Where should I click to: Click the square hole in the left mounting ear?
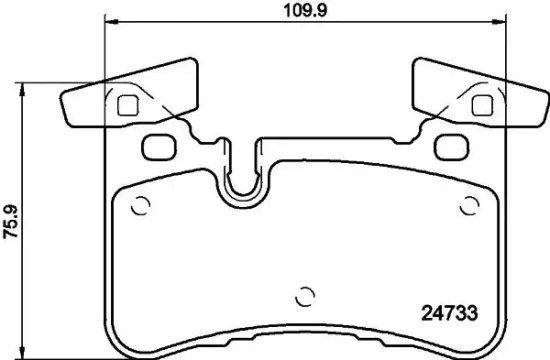127,105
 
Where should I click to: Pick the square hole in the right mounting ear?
481,104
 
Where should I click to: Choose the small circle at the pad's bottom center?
306,298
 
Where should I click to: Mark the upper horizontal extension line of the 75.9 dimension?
60,82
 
